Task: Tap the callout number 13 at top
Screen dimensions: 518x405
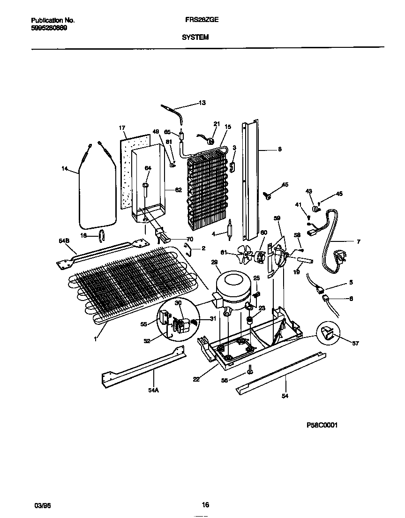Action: [x=202, y=103]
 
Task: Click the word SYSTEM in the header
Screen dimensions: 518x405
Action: [x=195, y=37]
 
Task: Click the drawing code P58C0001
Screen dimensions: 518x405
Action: [x=322, y=425]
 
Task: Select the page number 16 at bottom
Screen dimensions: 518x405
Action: [x=205, y=505]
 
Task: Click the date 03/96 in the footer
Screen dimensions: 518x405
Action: [x=42, y=506]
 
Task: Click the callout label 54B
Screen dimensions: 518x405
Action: [x=64, y=240]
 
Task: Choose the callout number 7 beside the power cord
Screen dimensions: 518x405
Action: [x=359, y=242]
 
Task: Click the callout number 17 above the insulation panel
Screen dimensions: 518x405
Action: [x=122, y=128]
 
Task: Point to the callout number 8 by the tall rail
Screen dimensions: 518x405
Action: [x=279, y=150]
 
